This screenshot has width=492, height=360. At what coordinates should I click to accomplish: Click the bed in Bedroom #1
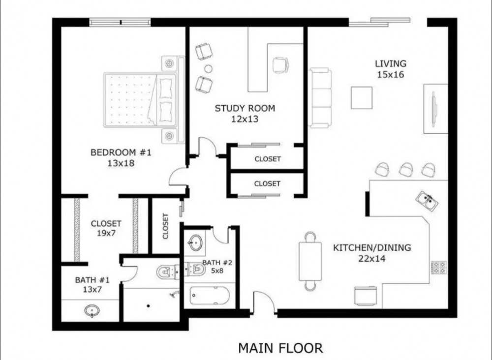[x=140, y=99]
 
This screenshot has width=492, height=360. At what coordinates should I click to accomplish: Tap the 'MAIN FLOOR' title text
[x=280, y=348]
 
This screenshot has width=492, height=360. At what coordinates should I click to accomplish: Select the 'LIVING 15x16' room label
[x=391, y=69]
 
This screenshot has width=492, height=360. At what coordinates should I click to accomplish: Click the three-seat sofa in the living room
[x=320, y=98]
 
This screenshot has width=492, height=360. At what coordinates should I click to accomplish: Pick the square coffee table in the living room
[x=362, y=97]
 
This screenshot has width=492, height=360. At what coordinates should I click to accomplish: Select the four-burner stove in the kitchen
[x=438, y=268]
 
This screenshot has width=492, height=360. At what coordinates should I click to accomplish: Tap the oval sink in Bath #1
[x=92, y=311]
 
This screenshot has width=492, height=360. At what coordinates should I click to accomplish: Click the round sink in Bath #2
[x=195, y=242]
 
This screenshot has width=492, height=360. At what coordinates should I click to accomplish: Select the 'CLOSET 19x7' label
[x=106, y=228]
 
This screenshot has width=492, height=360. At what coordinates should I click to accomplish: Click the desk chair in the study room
[x=280, y=64]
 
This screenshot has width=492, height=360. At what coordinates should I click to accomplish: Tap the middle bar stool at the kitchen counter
[x=405, y=170]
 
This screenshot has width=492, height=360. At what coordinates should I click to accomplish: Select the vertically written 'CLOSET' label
[x=165, y=226]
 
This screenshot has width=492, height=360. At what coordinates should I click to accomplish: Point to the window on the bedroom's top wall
[x=120, y=22]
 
